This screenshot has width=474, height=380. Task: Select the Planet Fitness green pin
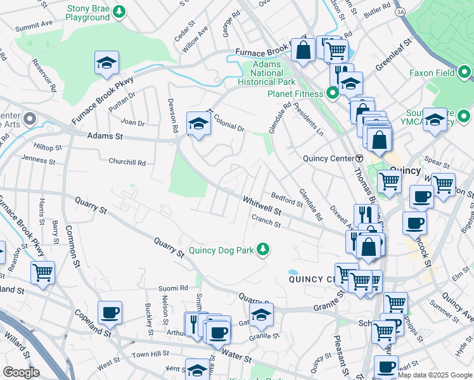click(x=333, y=94)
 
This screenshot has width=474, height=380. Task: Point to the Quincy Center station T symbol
click(x=359, y=158)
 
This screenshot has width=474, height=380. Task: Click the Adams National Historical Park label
click(x=267, y=73)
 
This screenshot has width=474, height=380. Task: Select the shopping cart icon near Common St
click(x=42, y=273)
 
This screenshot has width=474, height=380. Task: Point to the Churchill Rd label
click(x=127, y=162)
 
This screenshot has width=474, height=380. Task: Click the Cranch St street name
click(x=266, y=222)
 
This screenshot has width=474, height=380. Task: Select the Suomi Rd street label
click(x=175, y=288)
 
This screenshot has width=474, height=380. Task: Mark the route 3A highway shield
click(x=400, y=11)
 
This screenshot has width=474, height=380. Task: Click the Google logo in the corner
click(x=21, y=372)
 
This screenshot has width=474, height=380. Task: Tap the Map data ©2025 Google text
click(x=434, y=375)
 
